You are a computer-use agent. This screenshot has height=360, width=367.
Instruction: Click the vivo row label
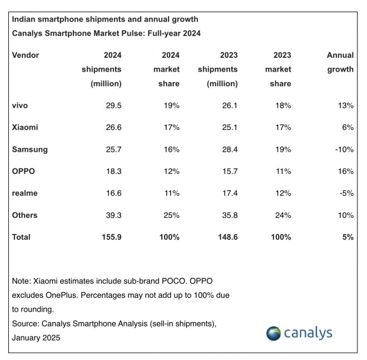click(x=20, y=106)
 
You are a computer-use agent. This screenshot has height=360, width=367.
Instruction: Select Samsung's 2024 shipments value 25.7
click(x=113, y=149)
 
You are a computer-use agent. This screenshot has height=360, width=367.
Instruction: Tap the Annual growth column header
click(x=340, y=62)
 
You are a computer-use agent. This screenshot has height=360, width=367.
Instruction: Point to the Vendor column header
click(x=26, y=55)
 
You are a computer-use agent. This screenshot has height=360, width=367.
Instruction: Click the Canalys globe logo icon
click(x=273, y=333)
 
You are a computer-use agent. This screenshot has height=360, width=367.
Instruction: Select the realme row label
click(x=24, y=193)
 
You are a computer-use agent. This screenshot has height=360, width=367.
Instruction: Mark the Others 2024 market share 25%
click(x=170, y=216)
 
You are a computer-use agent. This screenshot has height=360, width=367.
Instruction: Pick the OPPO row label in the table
click(x=23, y=172)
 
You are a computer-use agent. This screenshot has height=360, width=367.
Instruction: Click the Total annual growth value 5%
click(x=348, y=237)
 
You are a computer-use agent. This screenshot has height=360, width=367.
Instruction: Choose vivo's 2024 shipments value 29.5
click(x=113, y=106)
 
